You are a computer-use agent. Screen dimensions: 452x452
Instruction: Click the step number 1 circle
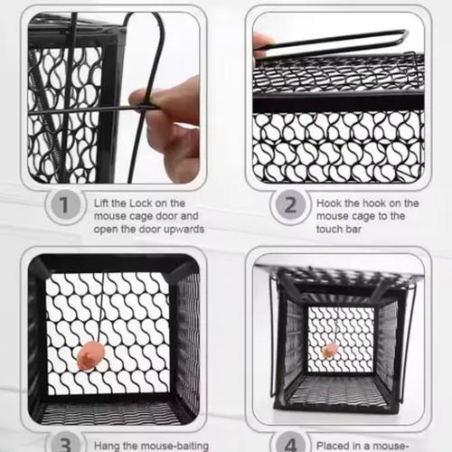(64, 205)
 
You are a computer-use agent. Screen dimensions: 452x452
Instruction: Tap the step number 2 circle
(290, 205)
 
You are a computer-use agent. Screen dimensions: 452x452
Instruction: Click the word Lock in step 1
(141, 203)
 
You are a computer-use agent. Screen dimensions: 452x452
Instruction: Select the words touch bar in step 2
(338, 229)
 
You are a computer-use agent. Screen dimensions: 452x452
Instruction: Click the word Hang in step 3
(108, 446)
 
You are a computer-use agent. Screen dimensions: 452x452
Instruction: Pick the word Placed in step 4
(334, 446)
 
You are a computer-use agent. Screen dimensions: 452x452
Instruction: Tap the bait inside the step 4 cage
(330, 350)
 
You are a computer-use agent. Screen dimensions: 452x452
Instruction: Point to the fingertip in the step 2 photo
(261, 45)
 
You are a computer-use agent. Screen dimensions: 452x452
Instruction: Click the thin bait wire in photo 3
(102, 307)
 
